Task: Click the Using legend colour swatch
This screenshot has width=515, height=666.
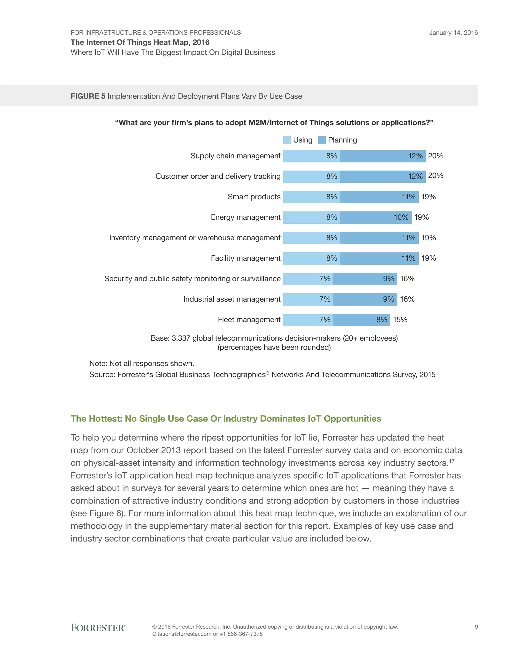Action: (287, 140)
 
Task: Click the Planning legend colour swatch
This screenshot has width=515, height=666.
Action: (322, 140)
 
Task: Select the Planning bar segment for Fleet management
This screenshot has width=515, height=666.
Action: (362, 320)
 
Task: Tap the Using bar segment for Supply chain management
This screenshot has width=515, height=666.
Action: (312, 156)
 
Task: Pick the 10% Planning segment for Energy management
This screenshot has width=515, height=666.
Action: (376, 217)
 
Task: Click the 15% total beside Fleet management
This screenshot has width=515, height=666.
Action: (400, 320)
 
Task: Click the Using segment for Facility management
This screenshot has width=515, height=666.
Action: (312, 259)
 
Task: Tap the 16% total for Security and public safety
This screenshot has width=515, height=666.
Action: (407, 279)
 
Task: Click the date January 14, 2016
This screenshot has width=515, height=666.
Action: (453, 33)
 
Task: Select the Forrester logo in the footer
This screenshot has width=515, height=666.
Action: (98, 628)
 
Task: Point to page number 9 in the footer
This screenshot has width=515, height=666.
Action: (476, 627)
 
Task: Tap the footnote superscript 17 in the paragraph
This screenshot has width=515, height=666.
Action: (452, 461)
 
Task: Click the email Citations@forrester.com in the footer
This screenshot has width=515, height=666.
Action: (182, 634)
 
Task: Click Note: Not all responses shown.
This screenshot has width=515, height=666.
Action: (142, 363)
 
